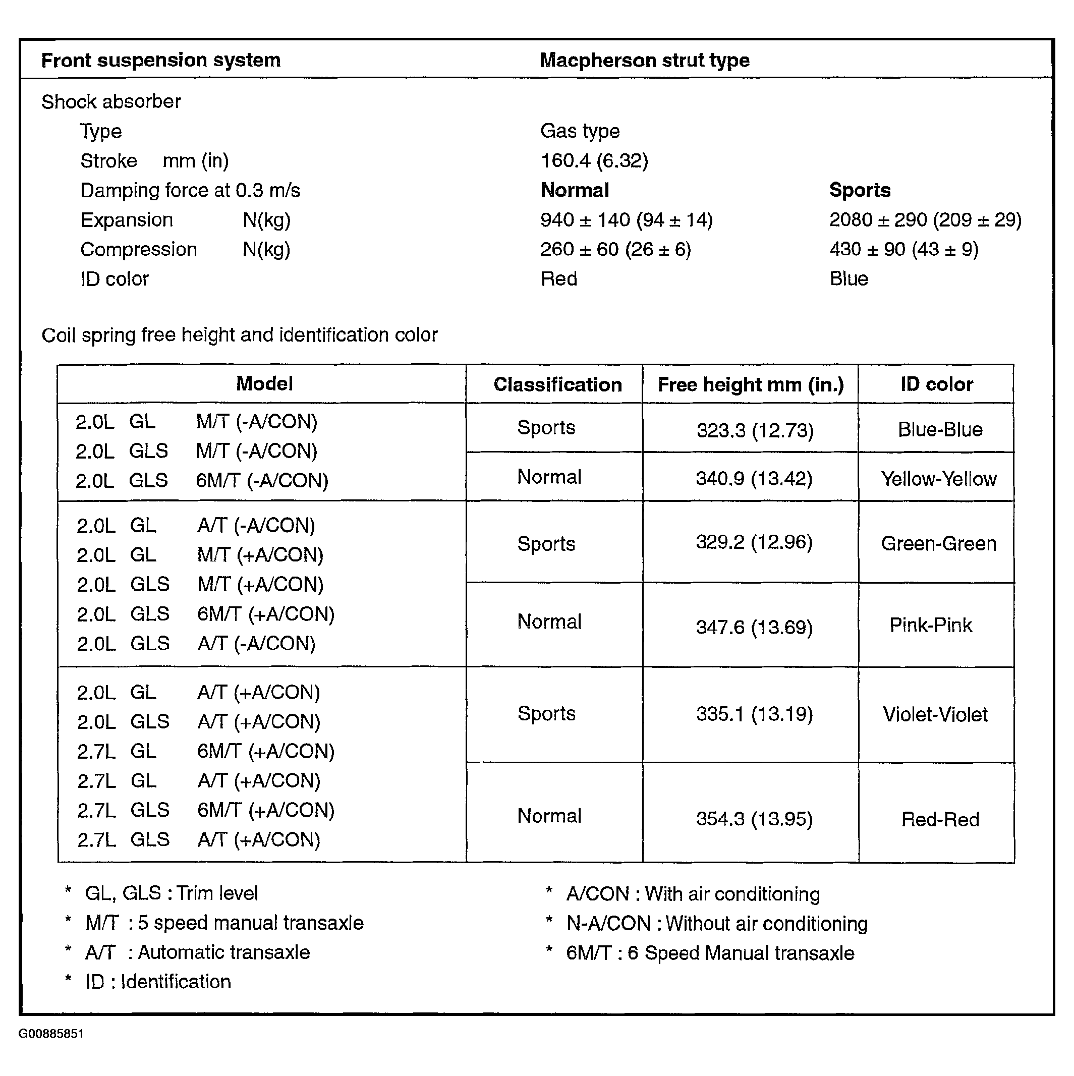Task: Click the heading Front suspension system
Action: (161, 60)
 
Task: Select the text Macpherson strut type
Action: (645, 60)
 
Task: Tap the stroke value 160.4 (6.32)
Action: (594, 161)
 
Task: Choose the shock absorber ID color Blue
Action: (849, 279)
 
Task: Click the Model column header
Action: (264, 384)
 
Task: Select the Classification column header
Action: (557, 385)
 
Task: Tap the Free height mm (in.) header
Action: (750, 385)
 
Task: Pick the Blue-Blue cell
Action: (940, 430)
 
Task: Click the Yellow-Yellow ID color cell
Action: (939, 479)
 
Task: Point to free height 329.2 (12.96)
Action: (754, 542)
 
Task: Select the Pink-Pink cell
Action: (930, 626)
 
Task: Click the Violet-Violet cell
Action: (935, 714)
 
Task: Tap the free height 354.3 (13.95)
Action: (754, 819)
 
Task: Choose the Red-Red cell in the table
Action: (940, 820)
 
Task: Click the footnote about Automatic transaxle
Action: (198, 952)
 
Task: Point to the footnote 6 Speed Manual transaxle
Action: (710, 953)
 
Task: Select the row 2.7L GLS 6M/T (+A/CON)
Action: (205, 810)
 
